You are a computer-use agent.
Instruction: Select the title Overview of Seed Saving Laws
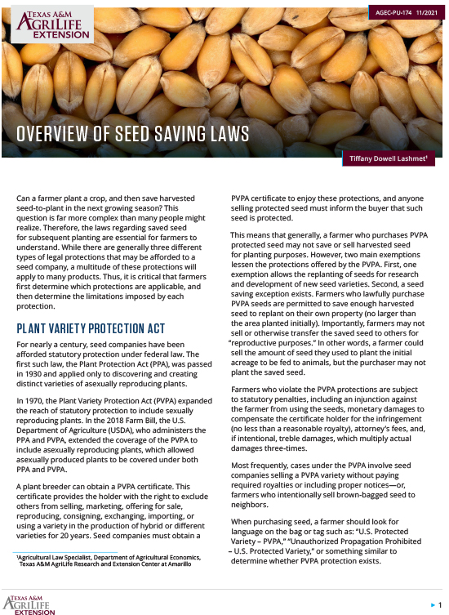[x=133, y=134]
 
